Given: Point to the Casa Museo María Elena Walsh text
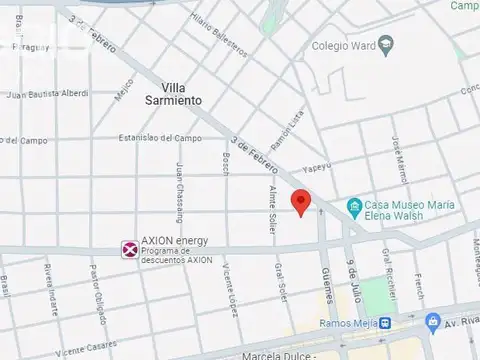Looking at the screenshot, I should [x=409, y=207].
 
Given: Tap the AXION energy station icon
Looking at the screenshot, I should [x=129, y=248].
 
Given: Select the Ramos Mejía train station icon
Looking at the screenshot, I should [x=386, y=322].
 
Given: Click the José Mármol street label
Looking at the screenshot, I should [x=400, y=157].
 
